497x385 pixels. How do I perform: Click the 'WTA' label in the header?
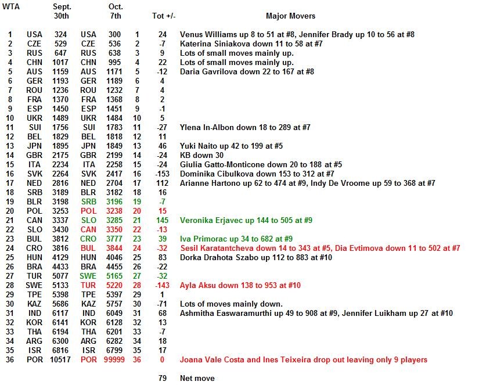pyautogui.click(x=10, y=7)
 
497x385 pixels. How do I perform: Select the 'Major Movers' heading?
pyautogui.click(x=290, y=16)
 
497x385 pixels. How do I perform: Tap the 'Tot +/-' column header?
pyautogui.click(x=163, y=16)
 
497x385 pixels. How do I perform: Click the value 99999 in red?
pyautogui.click(x=114, y=360)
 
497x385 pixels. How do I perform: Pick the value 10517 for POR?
pyautogui.click(x=60, y=360)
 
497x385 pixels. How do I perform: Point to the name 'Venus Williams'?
pyautogui.click(x=207, y=35)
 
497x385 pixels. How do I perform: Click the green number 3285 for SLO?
pyautogui.click(x=114, y=221)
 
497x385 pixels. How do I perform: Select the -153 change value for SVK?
pyautogui.click(x=163, y=174)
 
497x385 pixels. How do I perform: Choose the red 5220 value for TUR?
pyautogui.click(x=114, y=286)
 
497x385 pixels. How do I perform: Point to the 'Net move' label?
pyautogui.click(x=197, y=379)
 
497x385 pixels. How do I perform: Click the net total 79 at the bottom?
pyautogui.click(x=163, y=379)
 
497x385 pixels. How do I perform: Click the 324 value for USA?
pyautogui.click(x=60, y=35)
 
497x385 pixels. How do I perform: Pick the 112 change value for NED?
pyautogui.click(x=163, y=183)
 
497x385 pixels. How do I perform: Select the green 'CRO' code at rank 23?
pyautogui.click(x=88, y=239)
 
